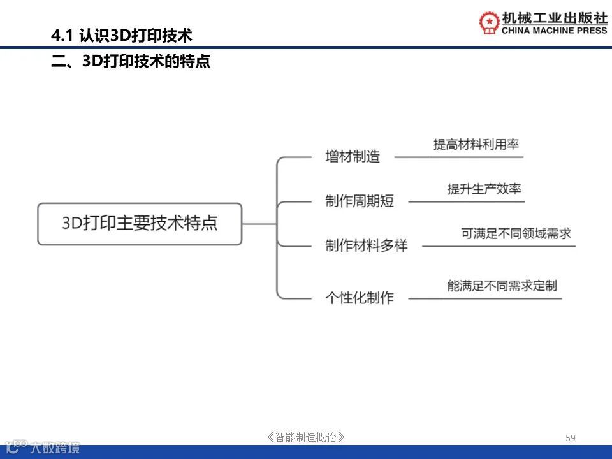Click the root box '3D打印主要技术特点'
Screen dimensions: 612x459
point(140,224)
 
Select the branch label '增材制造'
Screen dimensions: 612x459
point(353,157)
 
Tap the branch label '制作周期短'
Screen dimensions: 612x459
point(360,201)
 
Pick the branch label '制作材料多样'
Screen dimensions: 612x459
point(366,246)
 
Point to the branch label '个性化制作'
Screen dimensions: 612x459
point(360,298)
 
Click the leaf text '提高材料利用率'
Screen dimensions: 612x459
point(476,144)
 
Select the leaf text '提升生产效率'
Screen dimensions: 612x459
point(484,189)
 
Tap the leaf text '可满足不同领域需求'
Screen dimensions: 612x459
point(516,233)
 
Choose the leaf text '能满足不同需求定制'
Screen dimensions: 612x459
point(502,286)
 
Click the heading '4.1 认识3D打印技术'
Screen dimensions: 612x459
point(122,35)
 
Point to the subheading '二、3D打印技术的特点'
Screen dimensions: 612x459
point(131,62)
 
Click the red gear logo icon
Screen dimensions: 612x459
point(490,23)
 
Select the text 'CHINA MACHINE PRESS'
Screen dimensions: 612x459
point(555,31)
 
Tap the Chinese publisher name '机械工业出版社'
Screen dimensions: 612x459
point(555,17)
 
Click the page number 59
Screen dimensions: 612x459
point(571,437)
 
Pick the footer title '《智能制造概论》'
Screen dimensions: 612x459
point(306,437)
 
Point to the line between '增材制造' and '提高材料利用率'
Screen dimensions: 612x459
point(459,157)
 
